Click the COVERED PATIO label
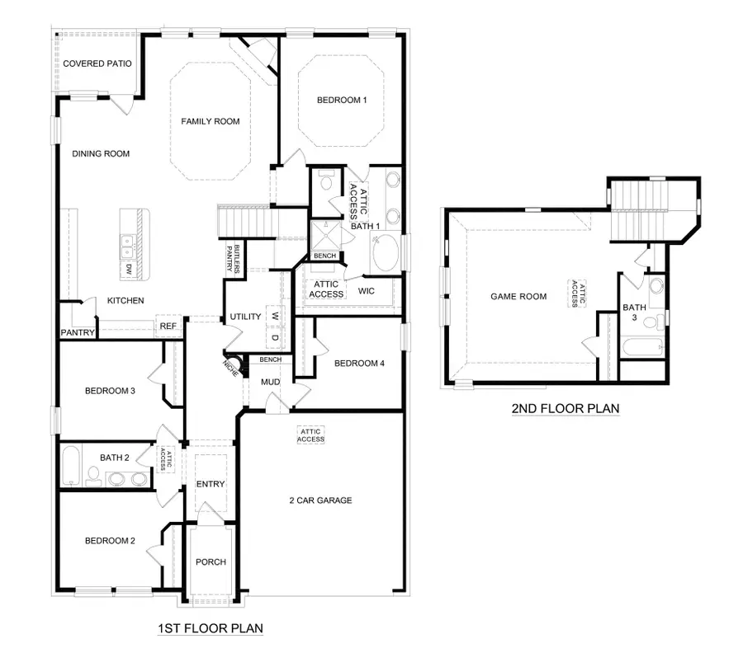(97, 63)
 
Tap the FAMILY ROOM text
(211, 122)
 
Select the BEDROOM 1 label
(342, 101)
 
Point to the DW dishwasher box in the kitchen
(129, 270)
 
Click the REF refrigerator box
(168, 326)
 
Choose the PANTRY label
(78, 333)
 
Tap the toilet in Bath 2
(94, 476)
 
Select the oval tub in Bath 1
(385, 253)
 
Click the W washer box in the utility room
(275, 317)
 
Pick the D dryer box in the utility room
(275, 337)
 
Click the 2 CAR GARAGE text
(320, 500)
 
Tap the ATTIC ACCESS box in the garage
(311, 435)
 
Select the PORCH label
(211, 562)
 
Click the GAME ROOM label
(518, 297)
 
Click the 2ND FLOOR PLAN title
(566, 408)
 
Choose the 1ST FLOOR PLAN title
(211, 629)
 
